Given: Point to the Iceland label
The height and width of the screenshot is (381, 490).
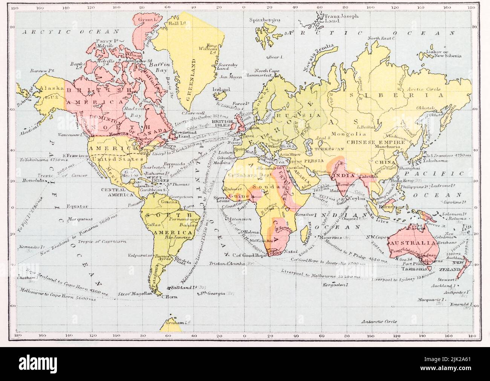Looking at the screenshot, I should point(221,90).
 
